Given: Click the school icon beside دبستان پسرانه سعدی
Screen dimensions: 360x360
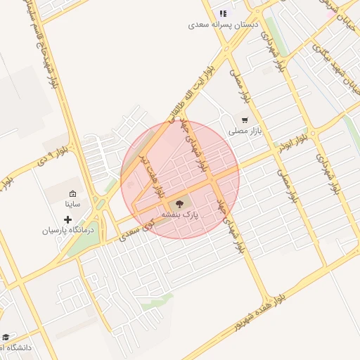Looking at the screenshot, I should point(223,13).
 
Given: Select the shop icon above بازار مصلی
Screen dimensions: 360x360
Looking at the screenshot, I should point(245,120).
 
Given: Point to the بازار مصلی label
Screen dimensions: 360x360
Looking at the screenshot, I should point(245,131).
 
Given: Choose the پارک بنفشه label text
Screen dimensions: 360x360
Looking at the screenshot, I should point(180,214).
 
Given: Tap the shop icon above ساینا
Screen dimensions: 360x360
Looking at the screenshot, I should point(72,193).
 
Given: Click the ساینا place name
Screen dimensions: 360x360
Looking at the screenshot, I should point(72,204).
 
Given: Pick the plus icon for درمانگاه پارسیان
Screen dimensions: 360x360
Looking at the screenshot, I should point(67,219).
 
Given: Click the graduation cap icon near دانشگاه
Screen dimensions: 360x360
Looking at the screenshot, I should point(6,337).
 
